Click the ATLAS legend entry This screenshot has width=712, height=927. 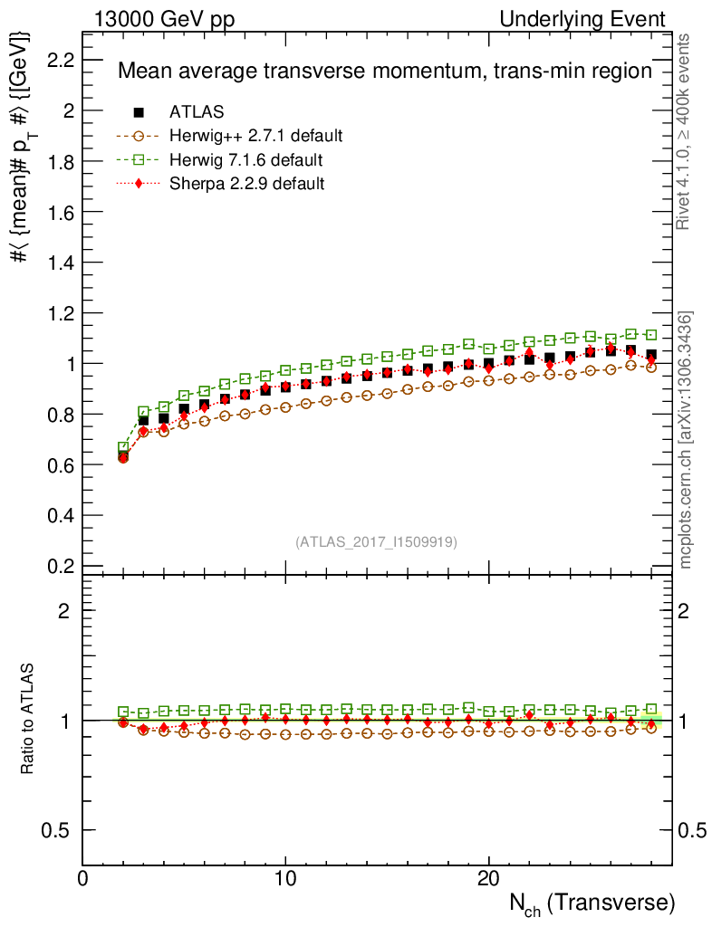coord(197,112)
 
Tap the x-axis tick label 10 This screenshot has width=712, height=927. coord(285,880)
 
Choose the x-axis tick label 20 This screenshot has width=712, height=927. coord(489,880)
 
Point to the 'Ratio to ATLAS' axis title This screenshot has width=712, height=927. coord(29,720)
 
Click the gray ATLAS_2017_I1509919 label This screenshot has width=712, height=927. coord(376,542)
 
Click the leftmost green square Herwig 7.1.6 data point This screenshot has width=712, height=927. coord(123,448)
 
